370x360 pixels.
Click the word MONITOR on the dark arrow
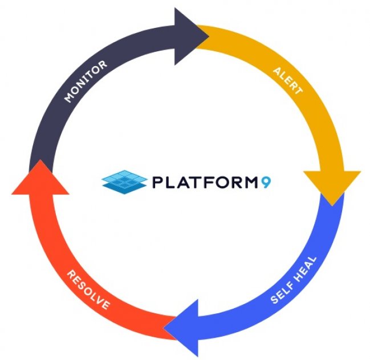[x=86, y=81]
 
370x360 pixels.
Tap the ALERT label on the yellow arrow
[x=288, y=81]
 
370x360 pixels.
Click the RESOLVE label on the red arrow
[x=88, y=290]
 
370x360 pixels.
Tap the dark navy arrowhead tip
[x=209, y=36]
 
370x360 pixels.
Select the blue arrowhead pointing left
[x=181, y=328]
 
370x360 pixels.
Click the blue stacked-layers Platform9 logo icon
[x=124, y=182]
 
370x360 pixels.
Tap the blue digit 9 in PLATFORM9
[x=266, y=182]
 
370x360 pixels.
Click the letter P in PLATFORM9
[x=157, y=182]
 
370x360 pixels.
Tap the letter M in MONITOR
[x=69, y=97]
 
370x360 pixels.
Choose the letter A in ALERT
[x=278, y=71]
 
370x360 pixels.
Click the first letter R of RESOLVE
[x=71, y=275]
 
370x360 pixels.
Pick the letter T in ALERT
[x=298, y=91]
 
